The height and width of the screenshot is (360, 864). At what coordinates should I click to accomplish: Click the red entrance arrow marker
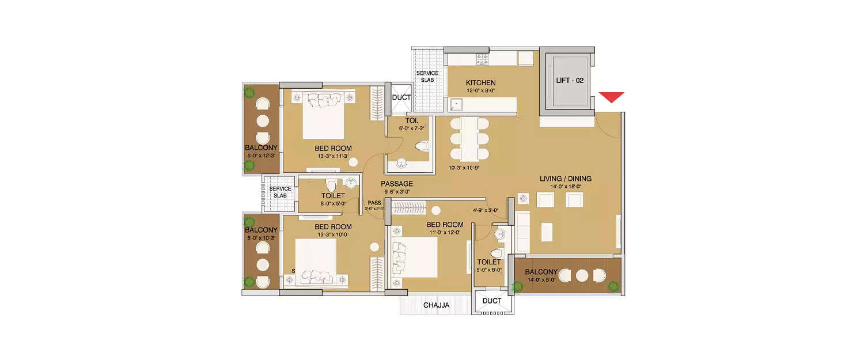pyautogui.click(x=611, y=97)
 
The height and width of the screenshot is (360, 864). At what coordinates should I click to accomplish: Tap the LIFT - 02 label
pyautogui.click(x=569, y=81)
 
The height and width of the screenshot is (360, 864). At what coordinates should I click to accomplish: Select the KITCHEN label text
pyautogui.click(x=480, y=83)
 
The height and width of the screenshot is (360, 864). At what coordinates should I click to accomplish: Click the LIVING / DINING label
pyautogui.click(x=565, y=179)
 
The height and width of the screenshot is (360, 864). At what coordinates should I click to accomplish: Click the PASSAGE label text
pyautogui.click(x=396, y=184)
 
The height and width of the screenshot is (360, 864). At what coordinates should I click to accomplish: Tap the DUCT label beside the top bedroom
pyautogui.click(x=401, y=97)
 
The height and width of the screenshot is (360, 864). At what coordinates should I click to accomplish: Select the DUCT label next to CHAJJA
pyautogui.click(x=491, y=301)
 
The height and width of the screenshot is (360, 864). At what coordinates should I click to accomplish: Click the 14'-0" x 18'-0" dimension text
pyautogui.click(x=565, y=187)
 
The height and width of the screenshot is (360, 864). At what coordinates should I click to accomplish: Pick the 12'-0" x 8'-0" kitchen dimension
pyautogui.click(x=480, y=90)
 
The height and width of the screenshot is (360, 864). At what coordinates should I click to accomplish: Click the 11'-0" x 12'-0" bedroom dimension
pyautogui.click(x=445, y=232)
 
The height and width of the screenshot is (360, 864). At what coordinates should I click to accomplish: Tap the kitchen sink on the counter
pyautogui.click(x=457, y=104)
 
